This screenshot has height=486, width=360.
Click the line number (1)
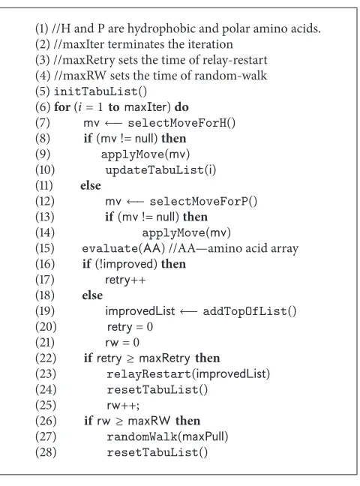(x=42, y=28)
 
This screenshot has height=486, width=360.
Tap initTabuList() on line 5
(x=100, y=91)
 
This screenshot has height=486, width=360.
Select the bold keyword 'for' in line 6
(x=62, y=107)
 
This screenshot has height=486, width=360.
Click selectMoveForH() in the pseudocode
(x=181, y=123)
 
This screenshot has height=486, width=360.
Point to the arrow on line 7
(x=113, y=123)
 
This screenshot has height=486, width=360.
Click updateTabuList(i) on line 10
(x=160, y=169)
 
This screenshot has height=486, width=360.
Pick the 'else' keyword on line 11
(x=91, y=185)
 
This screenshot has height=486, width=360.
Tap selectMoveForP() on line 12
(x=203, y=202)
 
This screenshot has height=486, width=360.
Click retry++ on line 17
(x=125, y=280)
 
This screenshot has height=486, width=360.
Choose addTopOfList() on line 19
(x=249, y=311)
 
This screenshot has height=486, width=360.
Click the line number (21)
(x=45, y=342)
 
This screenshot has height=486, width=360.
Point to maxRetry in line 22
(x=164, y=358)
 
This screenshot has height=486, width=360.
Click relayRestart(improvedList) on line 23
(x=188, y=373)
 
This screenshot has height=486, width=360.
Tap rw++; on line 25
(x=123, y=406)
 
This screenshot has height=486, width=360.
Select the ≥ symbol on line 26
(x=119, y=421)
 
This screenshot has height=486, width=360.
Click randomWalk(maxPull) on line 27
(x=167, y=436)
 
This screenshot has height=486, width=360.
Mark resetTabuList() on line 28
(x=157, y=452)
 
